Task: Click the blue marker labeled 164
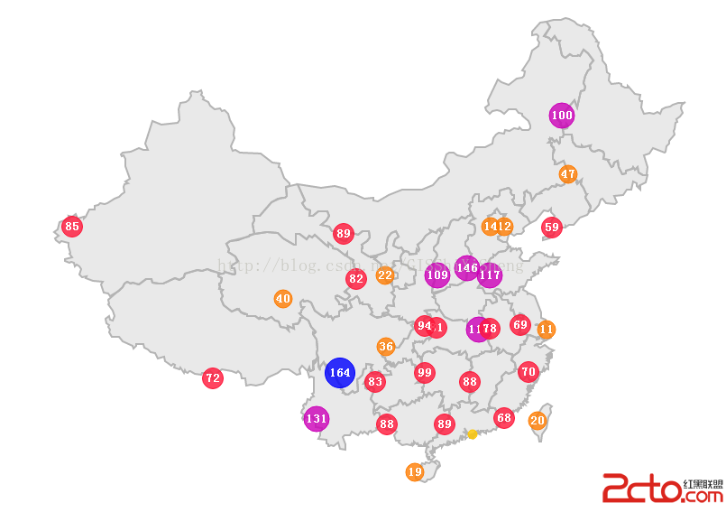(340, 372)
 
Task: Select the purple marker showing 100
(562, 116)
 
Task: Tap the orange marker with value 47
(567, 174)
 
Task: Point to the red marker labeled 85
(72, 227)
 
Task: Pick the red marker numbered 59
(552, 228)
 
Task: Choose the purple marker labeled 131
(317, 418)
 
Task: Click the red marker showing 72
(213, 378)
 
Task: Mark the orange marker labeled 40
(283, 299)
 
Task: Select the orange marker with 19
(415, 471)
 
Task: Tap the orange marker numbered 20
(538, 420)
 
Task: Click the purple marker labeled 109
(437, 275)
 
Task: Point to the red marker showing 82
(356, 279)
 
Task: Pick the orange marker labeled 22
(385, 275)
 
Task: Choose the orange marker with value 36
(386, 347)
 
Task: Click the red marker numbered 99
(425, 372)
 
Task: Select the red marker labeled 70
(528, 371)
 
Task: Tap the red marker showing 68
(504, 417)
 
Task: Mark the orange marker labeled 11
(546, 330)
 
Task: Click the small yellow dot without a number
(472, 434)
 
